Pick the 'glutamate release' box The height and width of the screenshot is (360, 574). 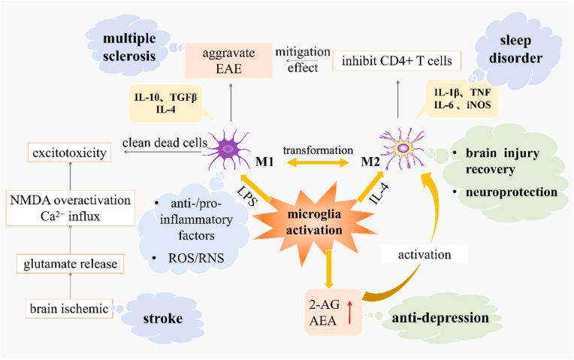click(x=69, y=264)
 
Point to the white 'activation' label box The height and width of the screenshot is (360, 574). click(x=425, y=256)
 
